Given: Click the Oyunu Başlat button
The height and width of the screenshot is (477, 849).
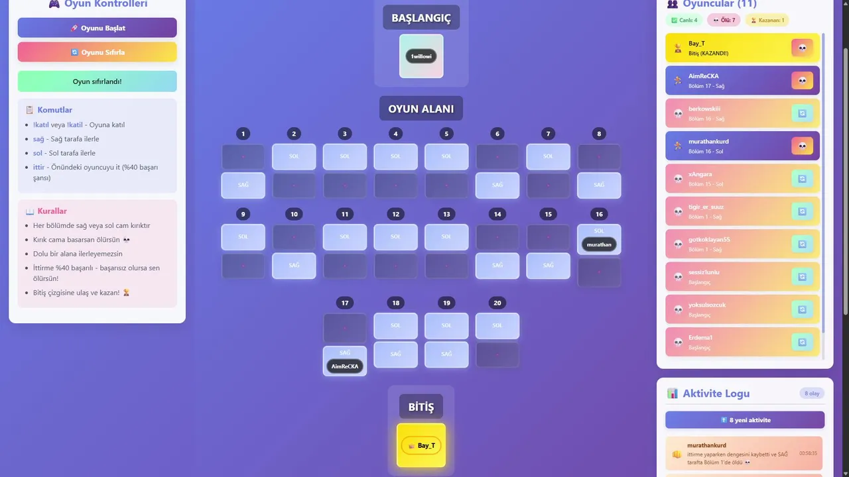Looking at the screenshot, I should tap(98, 28).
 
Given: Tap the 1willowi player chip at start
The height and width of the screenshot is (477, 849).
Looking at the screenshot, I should tap(421, 56).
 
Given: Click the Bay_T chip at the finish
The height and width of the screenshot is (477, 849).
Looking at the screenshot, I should tap(421, 446).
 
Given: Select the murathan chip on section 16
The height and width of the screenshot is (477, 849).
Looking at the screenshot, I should tap(599, 244).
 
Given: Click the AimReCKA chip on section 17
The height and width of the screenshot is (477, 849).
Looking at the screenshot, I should tap(345, 366).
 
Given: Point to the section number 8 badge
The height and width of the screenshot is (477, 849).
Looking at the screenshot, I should tap(599, 134).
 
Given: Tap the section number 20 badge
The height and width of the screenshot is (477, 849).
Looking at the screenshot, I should tap(497, 303).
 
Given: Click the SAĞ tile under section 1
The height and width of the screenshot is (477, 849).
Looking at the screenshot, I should tap(243, 185).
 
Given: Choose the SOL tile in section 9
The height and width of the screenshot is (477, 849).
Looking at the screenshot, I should tap(243, 237).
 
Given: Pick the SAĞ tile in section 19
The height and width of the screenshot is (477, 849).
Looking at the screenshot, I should tap(446, 354).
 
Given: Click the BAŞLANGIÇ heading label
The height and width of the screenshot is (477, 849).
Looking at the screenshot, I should tap(421, 18).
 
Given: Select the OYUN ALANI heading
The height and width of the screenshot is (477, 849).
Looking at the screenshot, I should tap(421, 109).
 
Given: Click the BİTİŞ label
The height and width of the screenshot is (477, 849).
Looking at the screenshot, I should tap(421, 407).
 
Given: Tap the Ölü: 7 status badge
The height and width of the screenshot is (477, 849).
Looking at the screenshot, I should tap(724, 20).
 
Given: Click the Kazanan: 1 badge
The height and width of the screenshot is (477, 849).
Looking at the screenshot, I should tap(767, 20).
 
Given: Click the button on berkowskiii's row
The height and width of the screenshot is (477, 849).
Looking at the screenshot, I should tap(802, 113).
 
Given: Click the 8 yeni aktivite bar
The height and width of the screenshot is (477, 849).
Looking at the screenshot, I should tap(745, 420).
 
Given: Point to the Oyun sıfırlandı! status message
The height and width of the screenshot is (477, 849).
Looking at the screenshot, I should tap(98, 81).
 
